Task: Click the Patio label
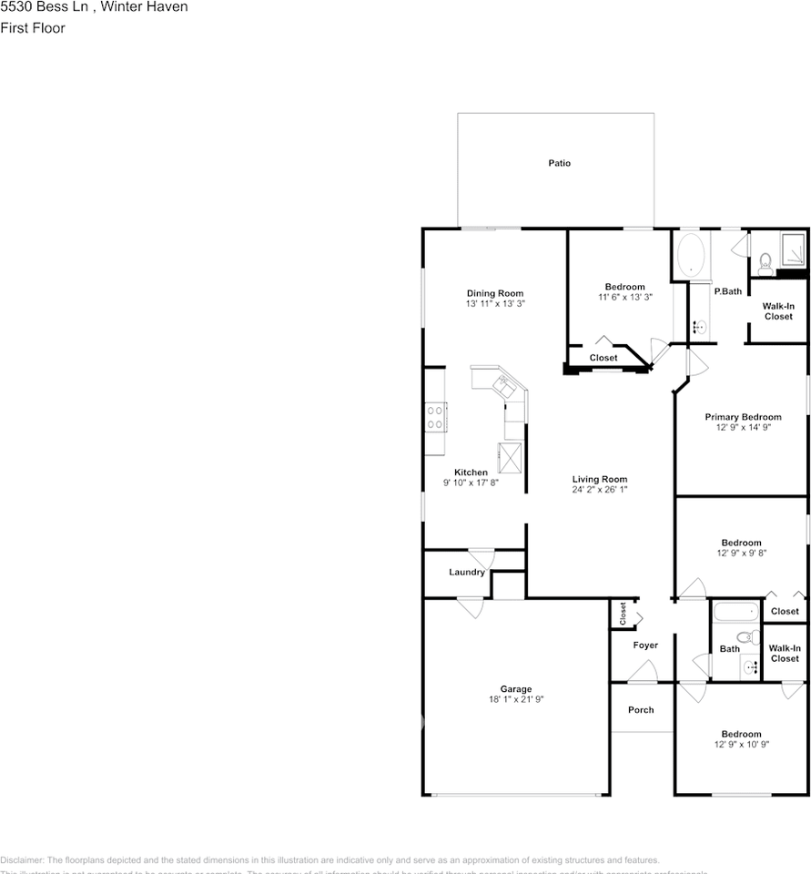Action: [x=559, y=164]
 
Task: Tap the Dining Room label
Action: [x=495, y=293]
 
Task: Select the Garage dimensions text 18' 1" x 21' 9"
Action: [x=515, y=699]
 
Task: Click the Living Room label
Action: [x=599, y=479]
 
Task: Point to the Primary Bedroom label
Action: [x=743, y=417]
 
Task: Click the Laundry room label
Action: [x=466, y=573]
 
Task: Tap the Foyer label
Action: [x=645, y=645]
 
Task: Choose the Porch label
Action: [x=641, y=710]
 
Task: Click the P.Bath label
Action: [x=727, y=291]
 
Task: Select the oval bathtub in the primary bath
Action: [x=693, y=254]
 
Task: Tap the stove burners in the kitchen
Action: [x=435, y=417]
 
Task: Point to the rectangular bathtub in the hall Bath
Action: [x=736, y=611]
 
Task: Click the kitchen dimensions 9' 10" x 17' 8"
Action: [x=471, y=483]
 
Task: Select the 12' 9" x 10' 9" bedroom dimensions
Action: [x=741, y=745]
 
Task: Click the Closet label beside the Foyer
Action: [x=623, y=615]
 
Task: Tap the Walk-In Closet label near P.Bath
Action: [x=777, y=311]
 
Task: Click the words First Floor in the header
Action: [x=33, y=28]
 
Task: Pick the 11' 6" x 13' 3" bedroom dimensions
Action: [x=624, y=297]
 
